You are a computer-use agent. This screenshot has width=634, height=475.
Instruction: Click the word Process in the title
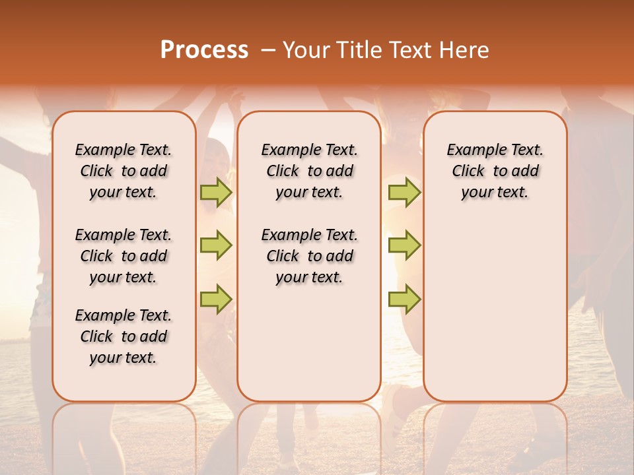[x=204, y=50]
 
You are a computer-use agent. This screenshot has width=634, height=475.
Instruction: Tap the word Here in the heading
[x=463, y=50]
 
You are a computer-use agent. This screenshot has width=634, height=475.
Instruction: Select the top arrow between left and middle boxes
[x=216, y=193]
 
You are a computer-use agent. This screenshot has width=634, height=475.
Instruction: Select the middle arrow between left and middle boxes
[x=216, y=246]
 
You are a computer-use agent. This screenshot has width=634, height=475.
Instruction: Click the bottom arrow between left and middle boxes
[x=216, y=299]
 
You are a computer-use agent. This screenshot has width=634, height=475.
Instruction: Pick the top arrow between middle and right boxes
[x=404, y=193]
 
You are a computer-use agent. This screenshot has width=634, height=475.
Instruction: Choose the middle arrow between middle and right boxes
[x=404, y=246]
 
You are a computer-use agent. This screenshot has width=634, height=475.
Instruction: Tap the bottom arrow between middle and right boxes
[x=404, y=299]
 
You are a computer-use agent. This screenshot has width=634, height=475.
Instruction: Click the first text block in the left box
[x=123, y=171]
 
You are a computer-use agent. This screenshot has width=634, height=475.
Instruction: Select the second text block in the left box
[x=123, y=256]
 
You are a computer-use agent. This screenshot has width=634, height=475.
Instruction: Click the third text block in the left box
[x=123, y=336]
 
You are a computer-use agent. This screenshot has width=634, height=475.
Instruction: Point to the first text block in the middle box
[x=309, y=171]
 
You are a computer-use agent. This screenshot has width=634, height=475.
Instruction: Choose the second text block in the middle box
[x=309, y=256]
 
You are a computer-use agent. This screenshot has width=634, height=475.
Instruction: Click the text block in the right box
[x=495, y=171]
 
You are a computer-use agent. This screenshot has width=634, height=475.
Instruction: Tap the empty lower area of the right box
[x=495, y=310]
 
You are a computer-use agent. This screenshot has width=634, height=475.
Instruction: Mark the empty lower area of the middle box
[x=309, y=343]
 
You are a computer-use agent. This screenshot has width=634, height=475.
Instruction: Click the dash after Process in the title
[x=267, y=50]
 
